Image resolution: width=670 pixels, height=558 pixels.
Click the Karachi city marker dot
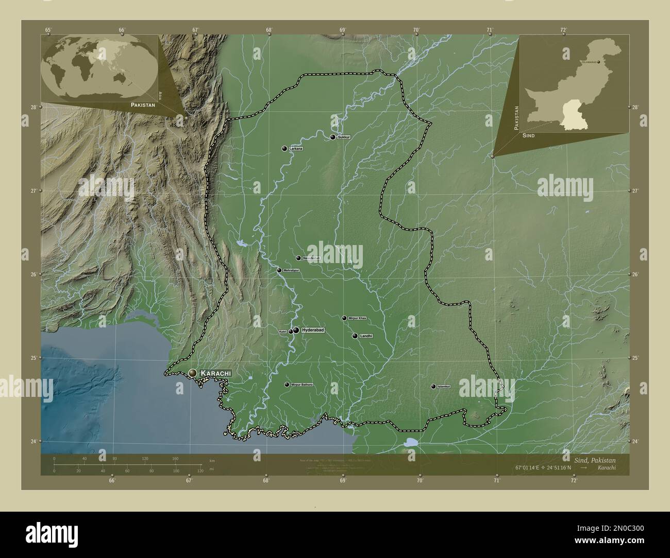tap(193, 372)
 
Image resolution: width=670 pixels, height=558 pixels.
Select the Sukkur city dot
tap(333, 137)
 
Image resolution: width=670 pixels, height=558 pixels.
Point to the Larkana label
tap(296, 149)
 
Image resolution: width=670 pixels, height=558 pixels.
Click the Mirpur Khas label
tap(357, 318)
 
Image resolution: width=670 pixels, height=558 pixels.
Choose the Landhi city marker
tap(355, 336)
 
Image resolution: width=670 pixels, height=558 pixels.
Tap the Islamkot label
tap(444, 386)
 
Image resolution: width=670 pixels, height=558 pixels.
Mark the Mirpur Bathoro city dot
tap(287, 385)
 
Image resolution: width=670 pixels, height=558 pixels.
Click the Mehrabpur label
tap(291, 270)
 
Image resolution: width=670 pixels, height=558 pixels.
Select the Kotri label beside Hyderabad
tap(282, 332)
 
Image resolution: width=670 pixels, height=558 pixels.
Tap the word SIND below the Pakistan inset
tap(528, 135)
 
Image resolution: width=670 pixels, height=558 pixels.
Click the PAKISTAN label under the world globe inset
tap(143, 104)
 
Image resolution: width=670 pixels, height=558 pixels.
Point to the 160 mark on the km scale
tap(175, 459)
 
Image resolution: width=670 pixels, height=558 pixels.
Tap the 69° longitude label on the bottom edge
tap(343, 481)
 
